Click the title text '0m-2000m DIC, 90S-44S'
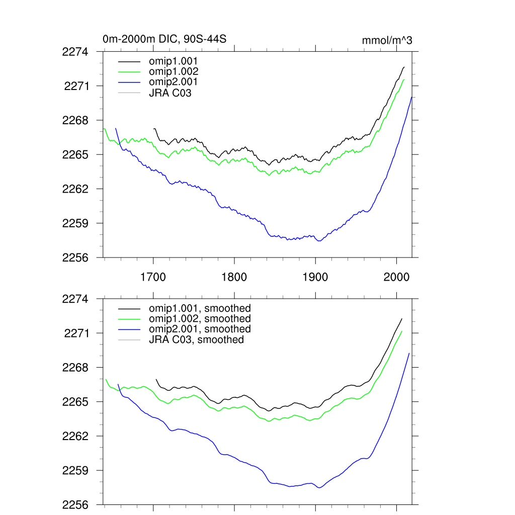(x=160, y=39)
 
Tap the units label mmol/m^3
(x=387, y=40)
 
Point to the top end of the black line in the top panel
(x=404, y=67)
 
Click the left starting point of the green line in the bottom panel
(x=106, y=379)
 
